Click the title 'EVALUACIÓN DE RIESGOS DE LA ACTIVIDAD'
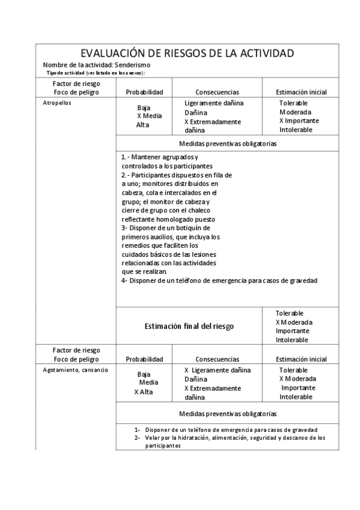[187, 54]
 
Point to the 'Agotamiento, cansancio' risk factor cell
[75, 370]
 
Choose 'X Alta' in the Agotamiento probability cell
[143, 392]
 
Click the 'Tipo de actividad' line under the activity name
[96, 73]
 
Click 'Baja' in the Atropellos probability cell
[144, 108]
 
